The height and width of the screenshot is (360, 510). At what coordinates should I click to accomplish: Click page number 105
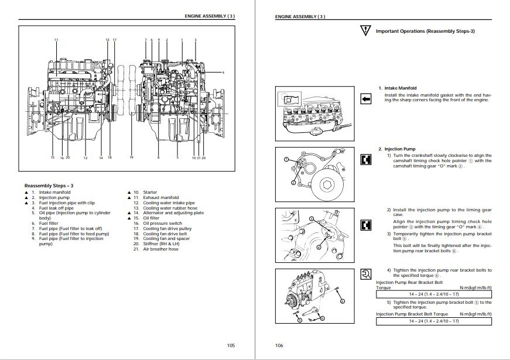click(231, 345)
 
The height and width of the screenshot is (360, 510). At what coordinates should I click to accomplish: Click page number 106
click(280, 345)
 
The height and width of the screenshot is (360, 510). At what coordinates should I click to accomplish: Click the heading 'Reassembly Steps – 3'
click(49, 186)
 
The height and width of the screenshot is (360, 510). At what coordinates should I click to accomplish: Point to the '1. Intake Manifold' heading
click(398, 88)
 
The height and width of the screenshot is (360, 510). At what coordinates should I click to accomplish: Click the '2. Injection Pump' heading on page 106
click(398, 149)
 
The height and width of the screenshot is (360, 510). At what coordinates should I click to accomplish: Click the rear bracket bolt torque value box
click(433, 294)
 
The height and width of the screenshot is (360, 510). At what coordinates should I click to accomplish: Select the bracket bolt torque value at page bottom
click(433, 321)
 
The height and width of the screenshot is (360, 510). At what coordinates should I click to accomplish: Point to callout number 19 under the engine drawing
click(132, 158)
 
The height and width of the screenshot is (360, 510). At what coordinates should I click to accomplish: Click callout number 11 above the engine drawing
click(56, 39)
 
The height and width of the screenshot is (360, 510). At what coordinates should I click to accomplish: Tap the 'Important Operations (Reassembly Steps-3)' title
click(425, 30)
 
